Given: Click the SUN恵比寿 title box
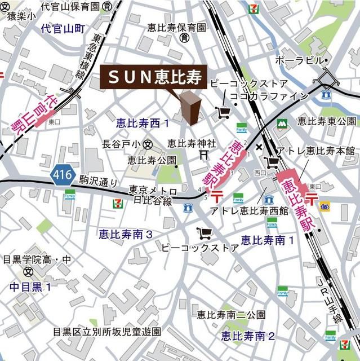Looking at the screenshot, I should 152,78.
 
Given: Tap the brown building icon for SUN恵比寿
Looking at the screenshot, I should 190,108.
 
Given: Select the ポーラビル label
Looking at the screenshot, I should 301,60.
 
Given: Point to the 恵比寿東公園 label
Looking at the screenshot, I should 327,121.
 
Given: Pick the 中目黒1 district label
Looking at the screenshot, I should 30,287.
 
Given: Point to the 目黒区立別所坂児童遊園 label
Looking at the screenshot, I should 107,331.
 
